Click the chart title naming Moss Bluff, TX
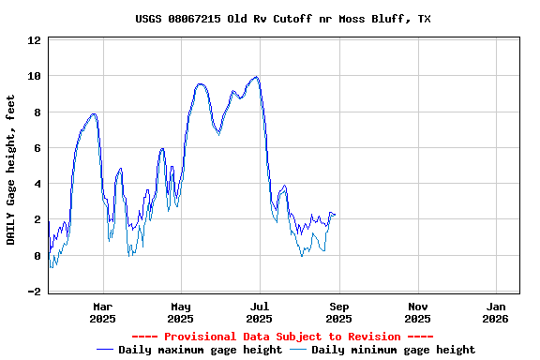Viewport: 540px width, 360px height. pos(282,19)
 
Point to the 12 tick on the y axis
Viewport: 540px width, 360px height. pos(34,40)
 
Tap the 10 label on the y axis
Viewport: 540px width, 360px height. pos(34,76)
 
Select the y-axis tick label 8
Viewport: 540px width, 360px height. pos(37,112)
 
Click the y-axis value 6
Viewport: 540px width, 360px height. pos(37,148)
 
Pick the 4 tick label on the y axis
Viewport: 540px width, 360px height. pos(37,185)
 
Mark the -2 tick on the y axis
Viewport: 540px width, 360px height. pos(34,292)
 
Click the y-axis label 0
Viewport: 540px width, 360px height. pos(37,256)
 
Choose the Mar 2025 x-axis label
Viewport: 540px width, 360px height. pos(103,312)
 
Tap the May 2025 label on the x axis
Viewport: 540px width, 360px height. pos(182,312)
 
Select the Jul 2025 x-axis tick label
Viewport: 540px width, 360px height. pos(260,312)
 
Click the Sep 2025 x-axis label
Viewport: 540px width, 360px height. pos(339,312)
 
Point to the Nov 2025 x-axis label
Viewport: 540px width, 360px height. pos(418,312)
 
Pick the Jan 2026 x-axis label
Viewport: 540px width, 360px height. pos(497,312)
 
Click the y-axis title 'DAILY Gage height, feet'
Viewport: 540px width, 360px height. pos(11,170)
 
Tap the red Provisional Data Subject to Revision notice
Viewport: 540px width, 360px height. pos(282,337)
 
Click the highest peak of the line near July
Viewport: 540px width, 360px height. pos(256,77)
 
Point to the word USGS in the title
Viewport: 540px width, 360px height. pos(150,19)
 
